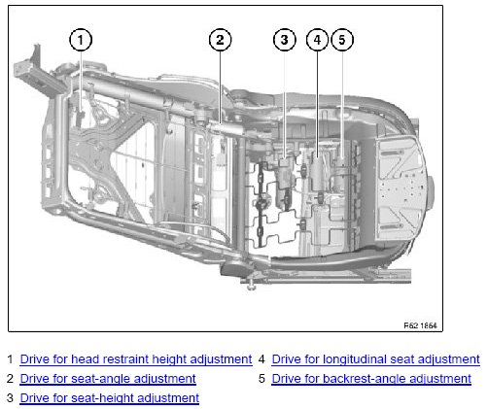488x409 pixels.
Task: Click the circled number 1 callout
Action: [x=81, y=40]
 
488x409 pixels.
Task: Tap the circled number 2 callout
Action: [x=220, y=40]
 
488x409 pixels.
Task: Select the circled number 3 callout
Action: [x=285, y=40]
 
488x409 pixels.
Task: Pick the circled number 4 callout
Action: [x=317, y=40]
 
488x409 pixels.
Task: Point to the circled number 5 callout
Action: [x=342, y=40]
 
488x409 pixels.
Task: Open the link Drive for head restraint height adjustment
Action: [x=136, y=359]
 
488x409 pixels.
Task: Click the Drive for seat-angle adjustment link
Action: [x=108, y=379]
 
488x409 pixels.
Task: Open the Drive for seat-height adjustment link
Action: [x=110, y=398]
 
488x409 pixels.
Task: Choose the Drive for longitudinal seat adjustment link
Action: [x=375, y=359]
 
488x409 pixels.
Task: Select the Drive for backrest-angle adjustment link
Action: [x=371, y=379]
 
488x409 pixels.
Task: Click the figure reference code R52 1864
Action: [x=420, y=325]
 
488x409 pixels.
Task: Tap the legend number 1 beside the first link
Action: [x=10, y=359]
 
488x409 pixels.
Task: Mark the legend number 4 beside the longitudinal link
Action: [x=261, y=359]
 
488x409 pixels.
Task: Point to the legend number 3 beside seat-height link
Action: [x=10, y=398]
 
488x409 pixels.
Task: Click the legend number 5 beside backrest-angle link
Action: [x=261, y=379]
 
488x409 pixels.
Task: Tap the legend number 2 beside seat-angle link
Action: [x=10, y=379]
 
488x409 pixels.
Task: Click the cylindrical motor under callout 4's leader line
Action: [x=318, y=173]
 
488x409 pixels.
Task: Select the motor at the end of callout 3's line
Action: [x=284, y=182]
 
